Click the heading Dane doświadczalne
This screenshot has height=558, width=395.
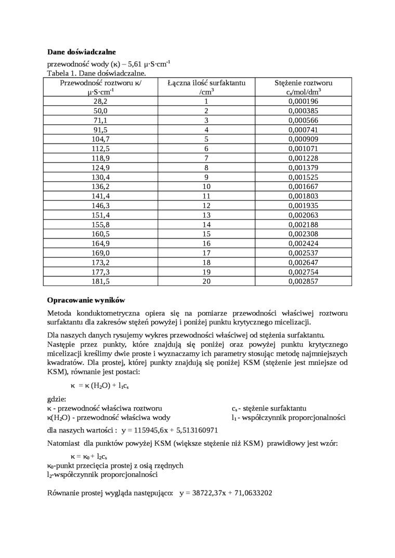(81, 52)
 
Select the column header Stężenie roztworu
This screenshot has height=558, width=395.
(304, 83)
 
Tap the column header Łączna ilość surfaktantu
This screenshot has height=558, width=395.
(206, 83)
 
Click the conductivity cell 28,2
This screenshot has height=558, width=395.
(100, 102)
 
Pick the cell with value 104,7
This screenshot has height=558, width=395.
(100, 140)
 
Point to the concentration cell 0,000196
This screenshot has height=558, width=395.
(303, 102)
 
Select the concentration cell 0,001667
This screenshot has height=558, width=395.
(303, 187)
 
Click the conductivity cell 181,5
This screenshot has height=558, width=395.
(100, 281)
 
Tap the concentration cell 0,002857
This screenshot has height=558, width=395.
(303, 281)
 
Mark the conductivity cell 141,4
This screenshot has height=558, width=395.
(100, 196)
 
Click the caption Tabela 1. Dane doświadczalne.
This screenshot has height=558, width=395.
(97, 74)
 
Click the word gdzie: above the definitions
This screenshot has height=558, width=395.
(57, 399)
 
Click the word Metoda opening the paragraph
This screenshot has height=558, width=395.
(61, 314)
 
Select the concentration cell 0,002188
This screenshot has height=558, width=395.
(303, 225)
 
